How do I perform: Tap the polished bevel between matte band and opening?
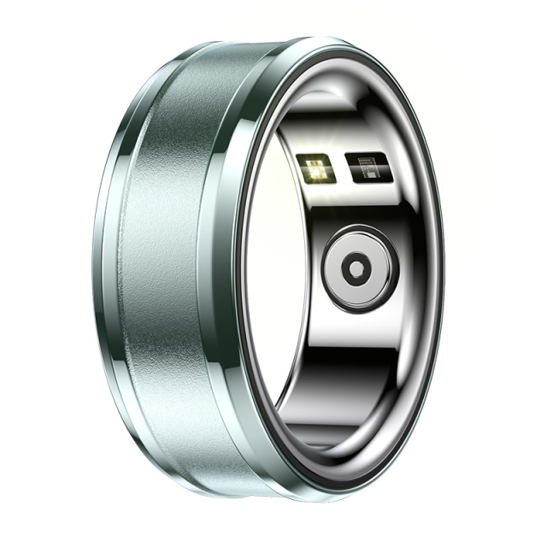(229, 282)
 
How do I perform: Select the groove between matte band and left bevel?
(129, 273)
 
